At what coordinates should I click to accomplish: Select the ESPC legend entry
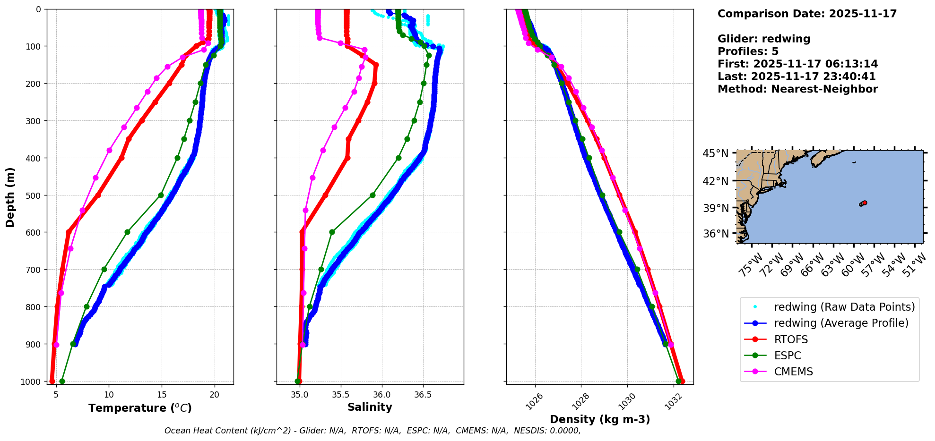788,356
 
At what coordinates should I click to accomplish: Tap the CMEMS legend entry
793,372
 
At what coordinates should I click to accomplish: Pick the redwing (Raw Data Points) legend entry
844,307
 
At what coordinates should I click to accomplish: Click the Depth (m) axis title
10,197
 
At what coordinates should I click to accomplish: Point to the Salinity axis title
370,407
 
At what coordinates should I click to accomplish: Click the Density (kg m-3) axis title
600,419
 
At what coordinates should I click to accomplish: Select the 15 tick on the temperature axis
162,395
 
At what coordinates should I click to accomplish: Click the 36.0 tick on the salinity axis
381,395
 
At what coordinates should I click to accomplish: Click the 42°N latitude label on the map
715,181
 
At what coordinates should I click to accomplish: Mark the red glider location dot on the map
865,203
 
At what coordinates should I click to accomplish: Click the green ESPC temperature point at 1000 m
62,381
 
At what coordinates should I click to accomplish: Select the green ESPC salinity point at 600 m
332,232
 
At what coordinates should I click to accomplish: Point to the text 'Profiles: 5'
748,51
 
